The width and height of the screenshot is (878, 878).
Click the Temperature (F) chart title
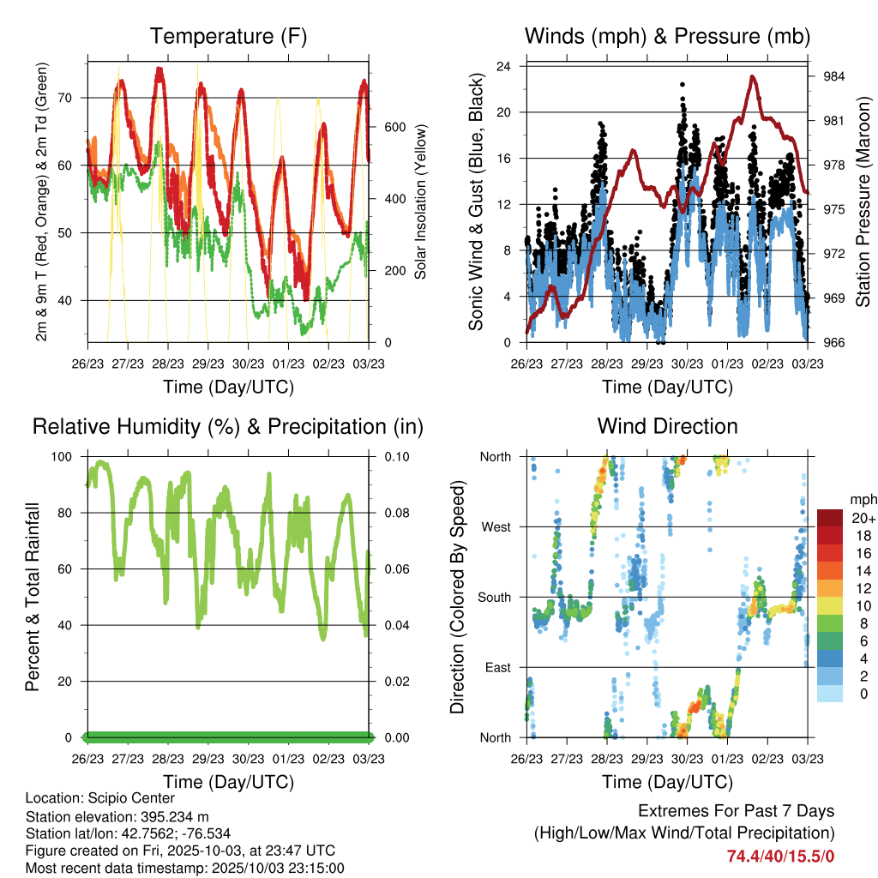click(228, 36)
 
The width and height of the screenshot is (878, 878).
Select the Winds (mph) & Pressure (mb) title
click(667, 36)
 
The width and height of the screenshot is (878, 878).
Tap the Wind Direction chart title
click(667, 426)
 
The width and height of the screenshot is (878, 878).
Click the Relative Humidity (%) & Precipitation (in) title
click(228, 426)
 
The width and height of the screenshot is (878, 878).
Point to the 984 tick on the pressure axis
click(833, 76)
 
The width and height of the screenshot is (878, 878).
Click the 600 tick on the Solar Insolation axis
click(394, 127)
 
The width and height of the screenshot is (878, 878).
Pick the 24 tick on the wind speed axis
click(504, 66)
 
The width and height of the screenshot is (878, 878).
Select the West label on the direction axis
click(496, 527)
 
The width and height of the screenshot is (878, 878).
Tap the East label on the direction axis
click(497, 667)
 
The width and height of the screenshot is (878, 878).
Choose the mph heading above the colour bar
click(862, 499)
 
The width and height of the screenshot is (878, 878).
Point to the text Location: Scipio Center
click(100, 799)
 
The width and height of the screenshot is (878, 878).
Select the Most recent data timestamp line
click(185, 868)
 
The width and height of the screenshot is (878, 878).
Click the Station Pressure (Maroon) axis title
click(863, 202)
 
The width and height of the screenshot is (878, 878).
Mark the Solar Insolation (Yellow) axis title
click(421, 202)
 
